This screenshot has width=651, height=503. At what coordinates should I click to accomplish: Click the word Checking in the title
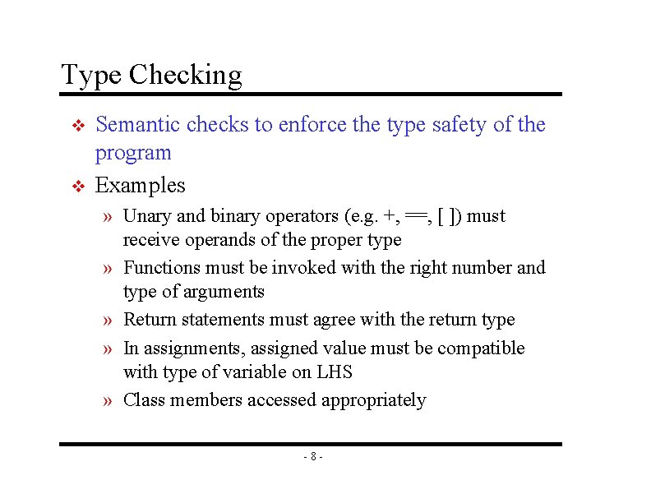point(185,76)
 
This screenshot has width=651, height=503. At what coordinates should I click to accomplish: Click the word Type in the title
point(91,76)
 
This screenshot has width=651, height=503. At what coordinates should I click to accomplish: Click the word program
point(133,153)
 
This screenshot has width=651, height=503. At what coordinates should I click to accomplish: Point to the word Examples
point(140,185)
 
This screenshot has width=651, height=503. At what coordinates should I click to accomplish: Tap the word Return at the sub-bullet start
point(150,320)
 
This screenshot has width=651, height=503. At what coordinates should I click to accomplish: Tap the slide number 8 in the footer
point(312,456)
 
